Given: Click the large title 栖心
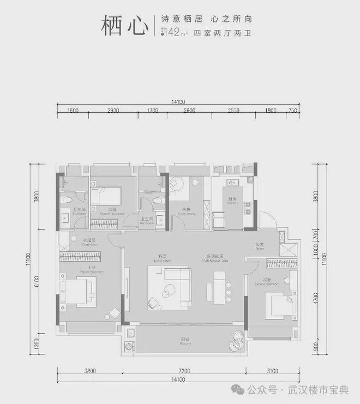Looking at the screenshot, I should [x=124, y=26].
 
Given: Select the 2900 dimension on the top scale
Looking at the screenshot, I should [x=113, y=111].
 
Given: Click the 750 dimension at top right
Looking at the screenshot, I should [x=293, y=111].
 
